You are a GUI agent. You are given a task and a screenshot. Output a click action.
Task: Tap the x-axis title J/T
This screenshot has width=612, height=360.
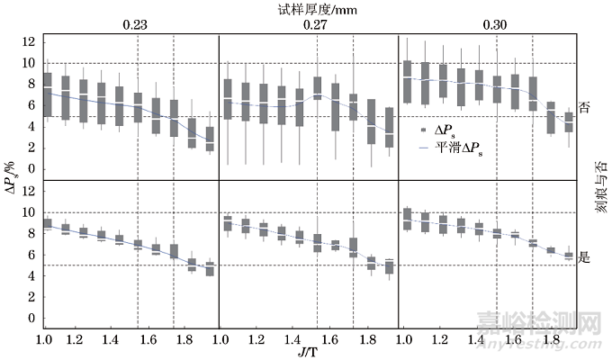[309, 351]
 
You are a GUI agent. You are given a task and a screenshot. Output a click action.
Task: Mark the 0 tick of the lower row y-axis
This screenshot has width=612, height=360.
[32, 319]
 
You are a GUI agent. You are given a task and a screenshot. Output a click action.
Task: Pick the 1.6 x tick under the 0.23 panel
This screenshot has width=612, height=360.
[149, 337]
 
